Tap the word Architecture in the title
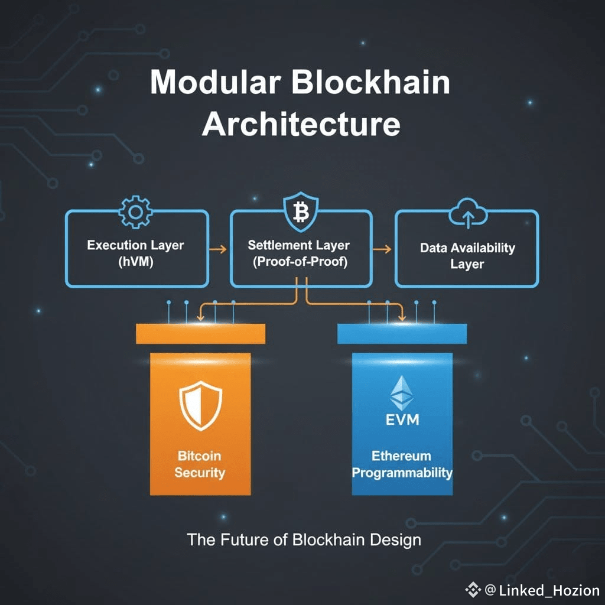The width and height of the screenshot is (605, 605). [301, 125]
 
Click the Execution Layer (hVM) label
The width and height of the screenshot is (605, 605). [135, 253]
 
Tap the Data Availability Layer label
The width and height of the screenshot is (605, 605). [467, 255]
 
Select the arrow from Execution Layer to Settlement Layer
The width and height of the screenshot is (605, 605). [219, 249]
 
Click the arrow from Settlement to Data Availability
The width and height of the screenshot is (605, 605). [383, 249]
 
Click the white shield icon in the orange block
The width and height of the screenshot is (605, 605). [200, 407]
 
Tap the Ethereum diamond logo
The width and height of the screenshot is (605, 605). [402, 393]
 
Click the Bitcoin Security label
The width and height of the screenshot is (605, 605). [200, 464]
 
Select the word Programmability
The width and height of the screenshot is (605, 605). [402, 473]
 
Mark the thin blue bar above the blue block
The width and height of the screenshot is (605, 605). [402, 334]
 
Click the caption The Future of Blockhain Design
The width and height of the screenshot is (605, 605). [304, 539]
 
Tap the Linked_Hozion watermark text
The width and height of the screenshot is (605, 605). [549, 590]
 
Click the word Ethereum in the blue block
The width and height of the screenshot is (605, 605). [401, 456]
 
